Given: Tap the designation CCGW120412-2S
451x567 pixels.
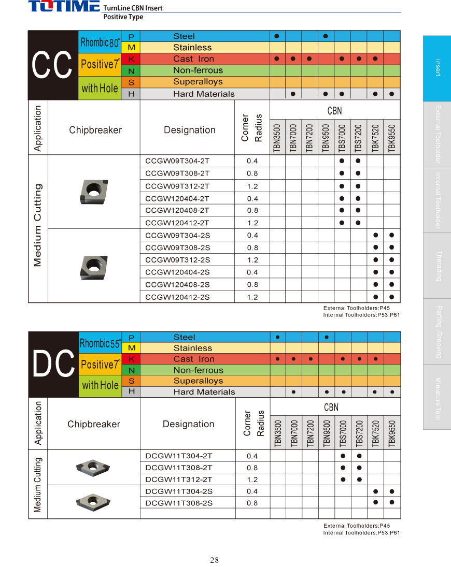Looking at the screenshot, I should click(177, 297).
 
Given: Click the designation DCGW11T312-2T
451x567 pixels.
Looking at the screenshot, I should click(179, 479).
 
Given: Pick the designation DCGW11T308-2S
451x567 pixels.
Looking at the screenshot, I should click(179, 503).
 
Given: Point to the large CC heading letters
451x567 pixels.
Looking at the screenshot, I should click(52, 66).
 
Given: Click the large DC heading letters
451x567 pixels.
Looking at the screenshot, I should click(53, 365).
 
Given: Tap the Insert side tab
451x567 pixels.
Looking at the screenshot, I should click(437, 68).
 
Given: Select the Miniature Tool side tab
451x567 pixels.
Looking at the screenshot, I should click(437, 397).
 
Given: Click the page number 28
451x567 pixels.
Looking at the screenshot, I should click(215, 560).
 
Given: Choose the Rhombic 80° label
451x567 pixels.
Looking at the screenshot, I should click(101, 42).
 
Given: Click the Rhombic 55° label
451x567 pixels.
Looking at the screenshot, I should click(101, 343).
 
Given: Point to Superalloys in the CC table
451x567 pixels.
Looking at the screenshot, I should click(198, 82).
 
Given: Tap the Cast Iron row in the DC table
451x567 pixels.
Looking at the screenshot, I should click(194, 359).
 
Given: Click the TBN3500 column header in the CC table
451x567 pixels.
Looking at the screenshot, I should click(277, 138).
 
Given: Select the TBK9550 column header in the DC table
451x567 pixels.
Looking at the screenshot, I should click(392, 432).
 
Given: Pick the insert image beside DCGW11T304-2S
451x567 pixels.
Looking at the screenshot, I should click(93, 500).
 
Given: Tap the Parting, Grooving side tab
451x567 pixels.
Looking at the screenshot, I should click(437, 331).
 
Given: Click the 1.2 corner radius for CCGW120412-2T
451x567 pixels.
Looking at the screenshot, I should click(252, 223).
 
